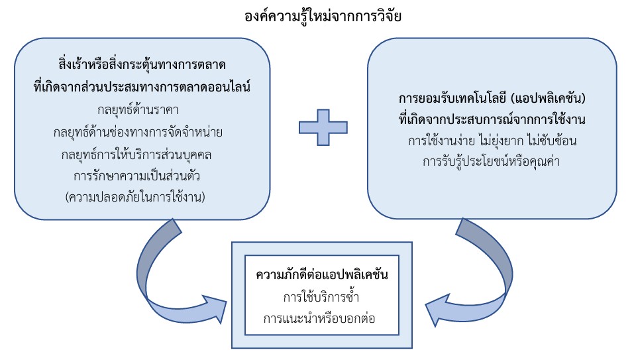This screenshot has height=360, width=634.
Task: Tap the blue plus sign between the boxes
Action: pyautogui.click(x=323, y=124)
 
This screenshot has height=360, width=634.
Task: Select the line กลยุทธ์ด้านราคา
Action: pyautogui.click(x=142, y=109)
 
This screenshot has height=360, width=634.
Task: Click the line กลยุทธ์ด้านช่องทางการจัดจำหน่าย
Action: pyautogui.click(x=142, y=132)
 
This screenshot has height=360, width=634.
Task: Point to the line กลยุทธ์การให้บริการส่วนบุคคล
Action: pyautogui.click(x=142, y=154)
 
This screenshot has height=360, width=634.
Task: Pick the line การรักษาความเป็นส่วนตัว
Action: pyautogui.click(x=142, y=176)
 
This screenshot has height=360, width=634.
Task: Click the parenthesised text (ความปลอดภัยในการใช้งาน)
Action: pyautogui.click(x=142, y=196)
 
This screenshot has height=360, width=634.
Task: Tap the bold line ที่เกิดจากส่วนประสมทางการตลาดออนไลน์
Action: pyautogui.click(x=142, y=86)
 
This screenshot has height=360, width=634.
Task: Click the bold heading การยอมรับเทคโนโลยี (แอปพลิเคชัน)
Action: pyautogui.click(x=494, y=98)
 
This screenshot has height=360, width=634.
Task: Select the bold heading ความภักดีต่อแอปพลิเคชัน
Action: pyautogui.click(x=322, y=274)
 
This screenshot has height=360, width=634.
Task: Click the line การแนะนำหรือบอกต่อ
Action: pyautogui.click(x=322, y=318)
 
